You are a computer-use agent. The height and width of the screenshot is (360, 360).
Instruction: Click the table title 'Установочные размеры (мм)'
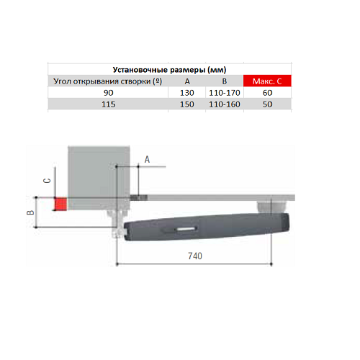(x=169, y=70)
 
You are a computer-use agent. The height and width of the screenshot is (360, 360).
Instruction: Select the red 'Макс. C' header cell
(x=267, y=81)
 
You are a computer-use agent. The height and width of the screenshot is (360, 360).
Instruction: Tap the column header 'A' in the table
(x=187, y=81)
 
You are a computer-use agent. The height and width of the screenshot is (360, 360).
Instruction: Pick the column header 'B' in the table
(x=225, y=81)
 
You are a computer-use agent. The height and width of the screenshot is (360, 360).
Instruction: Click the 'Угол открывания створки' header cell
(x=108, y=81)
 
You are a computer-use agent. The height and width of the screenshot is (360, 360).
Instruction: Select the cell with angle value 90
(x=108, y=93)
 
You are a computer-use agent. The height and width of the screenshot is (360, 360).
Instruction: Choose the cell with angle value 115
(x=108, y=104)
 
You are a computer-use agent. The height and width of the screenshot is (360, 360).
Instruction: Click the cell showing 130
(x=187, y=93)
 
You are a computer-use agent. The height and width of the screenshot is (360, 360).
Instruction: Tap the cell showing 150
(x=187, y=104)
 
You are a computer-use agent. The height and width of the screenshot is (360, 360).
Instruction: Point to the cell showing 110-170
(x=225, y=93)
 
